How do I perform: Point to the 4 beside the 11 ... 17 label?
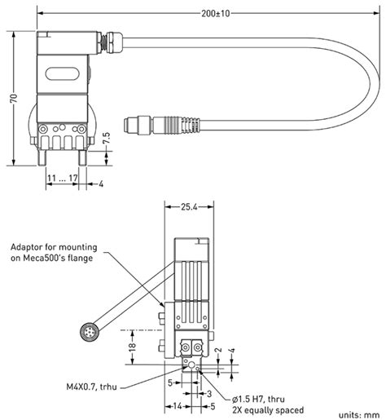pos(101,184)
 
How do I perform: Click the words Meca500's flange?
pos(59,260)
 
